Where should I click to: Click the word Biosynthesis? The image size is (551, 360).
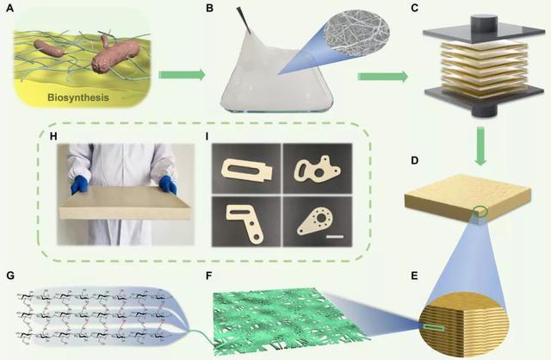click(78, 97)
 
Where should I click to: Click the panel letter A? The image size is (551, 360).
click(9, 8)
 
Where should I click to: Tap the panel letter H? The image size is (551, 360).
click(53, 136)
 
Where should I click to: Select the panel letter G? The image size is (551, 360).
click(10, 276)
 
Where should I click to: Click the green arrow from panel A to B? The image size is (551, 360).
click(182, 75)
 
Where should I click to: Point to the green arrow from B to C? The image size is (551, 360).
click(382, 77)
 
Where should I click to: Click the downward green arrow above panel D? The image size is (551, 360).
click(480, 146)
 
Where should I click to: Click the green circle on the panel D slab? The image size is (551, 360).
click(480, 212)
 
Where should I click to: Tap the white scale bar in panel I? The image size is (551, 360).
click(335, 237)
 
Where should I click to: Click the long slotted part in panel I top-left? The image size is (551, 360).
click(246, 171)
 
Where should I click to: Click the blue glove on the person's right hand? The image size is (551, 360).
click(79, 184)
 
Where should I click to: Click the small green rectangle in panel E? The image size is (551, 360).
click(433, 328)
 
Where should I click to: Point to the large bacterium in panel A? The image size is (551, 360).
click(115, 56)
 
